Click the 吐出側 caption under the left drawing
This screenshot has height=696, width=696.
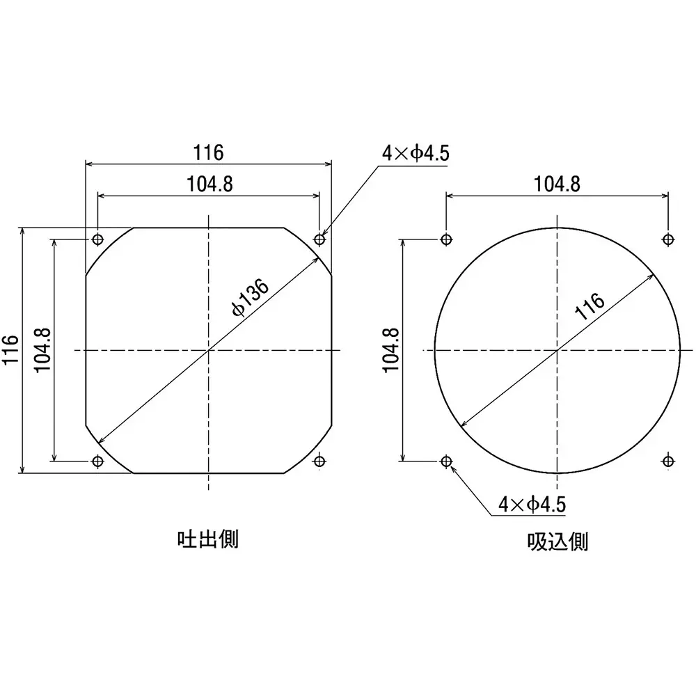tap(208, 539)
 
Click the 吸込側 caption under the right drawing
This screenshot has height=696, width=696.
tap(557, 541)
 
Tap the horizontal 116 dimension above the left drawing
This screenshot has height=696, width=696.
tap(208, 152)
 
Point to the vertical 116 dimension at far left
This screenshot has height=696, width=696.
tap(10, 350)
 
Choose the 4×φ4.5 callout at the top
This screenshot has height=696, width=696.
tap(414, 152)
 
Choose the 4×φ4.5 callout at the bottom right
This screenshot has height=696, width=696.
tap(532, 504)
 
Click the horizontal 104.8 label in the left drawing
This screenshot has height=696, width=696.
tap(209, 184)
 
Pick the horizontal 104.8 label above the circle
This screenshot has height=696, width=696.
tap(557, 184)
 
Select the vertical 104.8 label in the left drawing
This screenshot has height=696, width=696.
tap(42, 350)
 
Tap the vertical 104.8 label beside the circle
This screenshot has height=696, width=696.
tap(390, 350)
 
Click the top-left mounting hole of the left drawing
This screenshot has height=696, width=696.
tap(97, 239)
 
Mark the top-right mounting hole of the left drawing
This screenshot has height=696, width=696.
tap(319, 239)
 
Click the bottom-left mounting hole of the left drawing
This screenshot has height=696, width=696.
tap(97, 461)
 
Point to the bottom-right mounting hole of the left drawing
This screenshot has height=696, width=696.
tap(319, 460)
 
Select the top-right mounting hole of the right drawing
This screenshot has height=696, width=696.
tap(667, 239)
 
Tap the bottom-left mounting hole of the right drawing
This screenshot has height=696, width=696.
tap(446, 461)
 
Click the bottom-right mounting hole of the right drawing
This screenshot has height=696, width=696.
tap(667, 460)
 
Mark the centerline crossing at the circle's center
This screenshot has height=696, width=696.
tap(557, 350)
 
